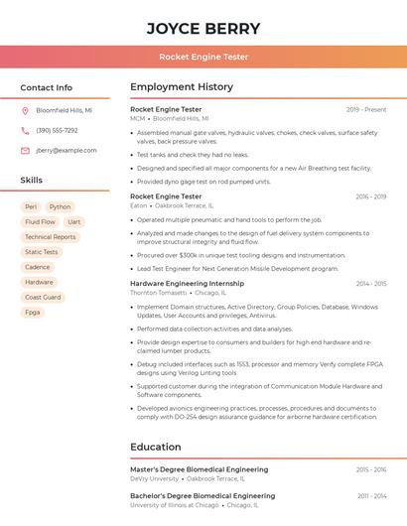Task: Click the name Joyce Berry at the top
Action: pos(203,28)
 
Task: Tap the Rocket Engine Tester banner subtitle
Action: pos(203,57)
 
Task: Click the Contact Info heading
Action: pos(47,87)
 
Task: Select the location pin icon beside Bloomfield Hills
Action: pos(25,110)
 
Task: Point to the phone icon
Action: pos(25,130)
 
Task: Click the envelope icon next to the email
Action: pos(25,150)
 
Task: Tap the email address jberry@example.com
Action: pos(67,150)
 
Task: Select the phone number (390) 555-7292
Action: pos(57,130)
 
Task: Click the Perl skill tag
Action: pos(31,206)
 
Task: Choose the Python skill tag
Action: pos(61,206)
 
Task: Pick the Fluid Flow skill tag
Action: pos(41,222)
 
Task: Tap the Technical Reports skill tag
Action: pos(51,237)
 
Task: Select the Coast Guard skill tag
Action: pos(43,297)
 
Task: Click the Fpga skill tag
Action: pos(33,312)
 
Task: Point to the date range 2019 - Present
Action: pos(366,109)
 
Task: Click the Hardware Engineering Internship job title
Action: pos(187,284)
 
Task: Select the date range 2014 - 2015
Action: pos(371,284)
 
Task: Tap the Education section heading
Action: pos(156,447)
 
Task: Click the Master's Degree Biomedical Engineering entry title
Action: pos(199,469)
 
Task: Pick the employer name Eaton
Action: pos(138,205)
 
